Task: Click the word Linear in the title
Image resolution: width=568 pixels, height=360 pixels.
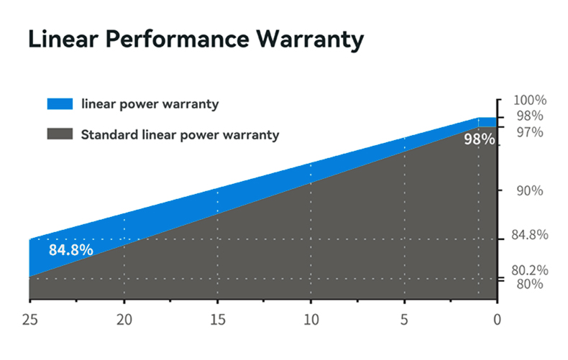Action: point(63,38)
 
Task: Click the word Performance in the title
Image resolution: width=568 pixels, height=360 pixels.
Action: point(178,38)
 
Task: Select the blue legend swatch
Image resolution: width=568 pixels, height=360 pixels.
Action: point(60,103)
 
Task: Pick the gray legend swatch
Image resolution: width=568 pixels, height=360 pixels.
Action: point(60,134)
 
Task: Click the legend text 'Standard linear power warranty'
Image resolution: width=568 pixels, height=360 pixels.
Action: point(180,134)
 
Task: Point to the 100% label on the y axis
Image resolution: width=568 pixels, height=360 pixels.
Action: point(530,100)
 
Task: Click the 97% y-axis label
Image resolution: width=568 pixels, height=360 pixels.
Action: point(530,132)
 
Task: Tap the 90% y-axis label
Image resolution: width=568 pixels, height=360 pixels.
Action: point(530,190)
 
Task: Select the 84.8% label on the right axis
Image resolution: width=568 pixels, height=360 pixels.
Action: point(530,235)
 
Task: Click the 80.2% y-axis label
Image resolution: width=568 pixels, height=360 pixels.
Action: point(530,270)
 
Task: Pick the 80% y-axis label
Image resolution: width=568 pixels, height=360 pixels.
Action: point(530,284)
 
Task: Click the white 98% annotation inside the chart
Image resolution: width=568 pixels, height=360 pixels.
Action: point(480,139)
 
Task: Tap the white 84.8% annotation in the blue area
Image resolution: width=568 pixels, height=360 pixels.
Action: point(71,250)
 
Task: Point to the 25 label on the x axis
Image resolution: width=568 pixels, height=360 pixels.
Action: point(29,320)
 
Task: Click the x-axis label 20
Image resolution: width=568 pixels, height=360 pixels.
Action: point(124,320)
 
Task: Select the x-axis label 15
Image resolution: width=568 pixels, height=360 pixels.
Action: point(218,320)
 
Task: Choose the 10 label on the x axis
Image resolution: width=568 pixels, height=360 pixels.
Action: point(311,320)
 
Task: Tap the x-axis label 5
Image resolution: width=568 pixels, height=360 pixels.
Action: point(404,320)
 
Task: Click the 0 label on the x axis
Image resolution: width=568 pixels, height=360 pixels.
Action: point(498,320)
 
